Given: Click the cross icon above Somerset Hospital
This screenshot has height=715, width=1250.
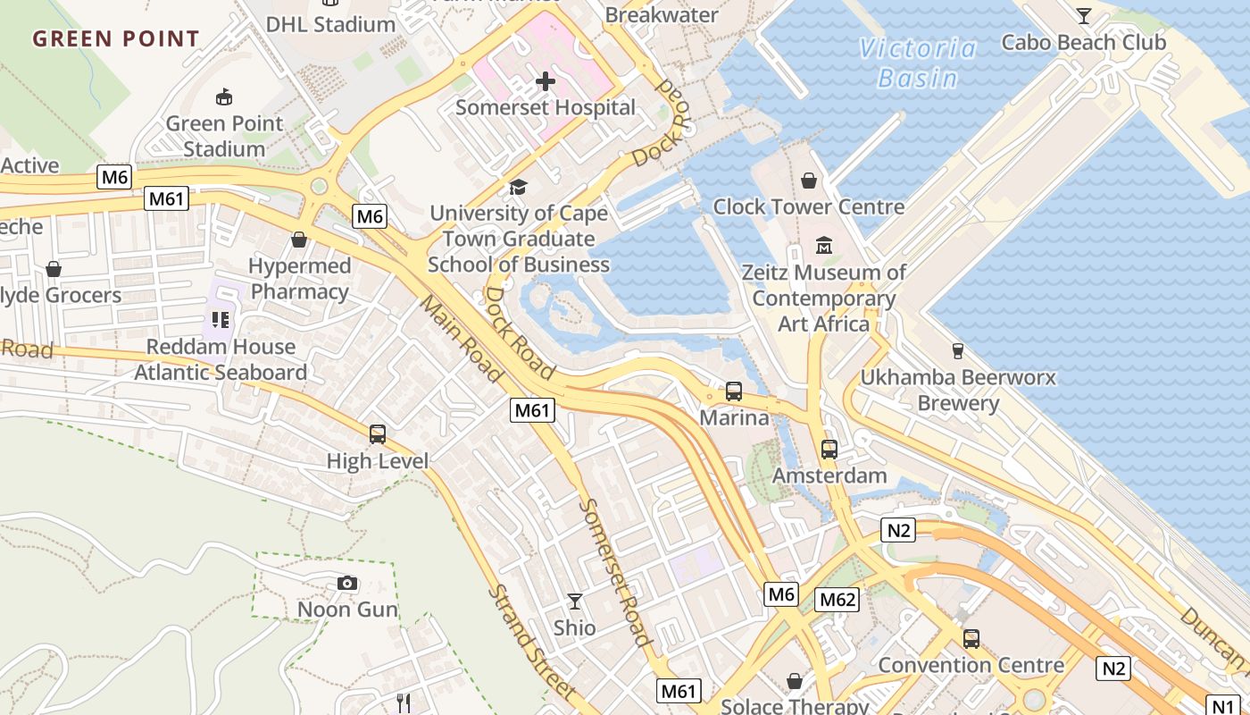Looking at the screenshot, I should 546,81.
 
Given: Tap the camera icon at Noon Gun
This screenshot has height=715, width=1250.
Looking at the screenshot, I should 347,584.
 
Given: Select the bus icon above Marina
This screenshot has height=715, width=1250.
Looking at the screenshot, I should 733,391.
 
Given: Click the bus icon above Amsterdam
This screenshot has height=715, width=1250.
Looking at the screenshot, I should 829,450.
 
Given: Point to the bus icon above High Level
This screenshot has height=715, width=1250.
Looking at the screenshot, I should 378,435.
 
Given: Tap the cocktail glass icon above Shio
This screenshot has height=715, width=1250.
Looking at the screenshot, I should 575,601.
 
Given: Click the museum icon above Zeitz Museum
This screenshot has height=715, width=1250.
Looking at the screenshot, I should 824,245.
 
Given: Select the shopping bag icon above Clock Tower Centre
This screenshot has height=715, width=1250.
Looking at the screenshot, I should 809,181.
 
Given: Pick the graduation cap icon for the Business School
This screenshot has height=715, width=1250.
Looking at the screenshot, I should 518,187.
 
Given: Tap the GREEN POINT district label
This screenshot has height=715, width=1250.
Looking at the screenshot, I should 116,38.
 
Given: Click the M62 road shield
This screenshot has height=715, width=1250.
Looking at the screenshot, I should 837,599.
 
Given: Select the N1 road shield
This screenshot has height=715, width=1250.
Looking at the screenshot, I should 1224,703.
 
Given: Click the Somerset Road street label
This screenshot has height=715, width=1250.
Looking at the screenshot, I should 615,572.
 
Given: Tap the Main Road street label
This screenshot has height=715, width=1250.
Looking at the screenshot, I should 461,341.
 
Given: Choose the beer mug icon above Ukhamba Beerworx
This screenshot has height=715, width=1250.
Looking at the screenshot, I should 958,350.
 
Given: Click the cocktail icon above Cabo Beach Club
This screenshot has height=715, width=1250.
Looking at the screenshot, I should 1084,15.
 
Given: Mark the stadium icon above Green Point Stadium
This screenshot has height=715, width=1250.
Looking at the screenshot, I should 224,97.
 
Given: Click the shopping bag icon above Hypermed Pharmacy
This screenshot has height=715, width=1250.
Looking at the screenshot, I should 299,240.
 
